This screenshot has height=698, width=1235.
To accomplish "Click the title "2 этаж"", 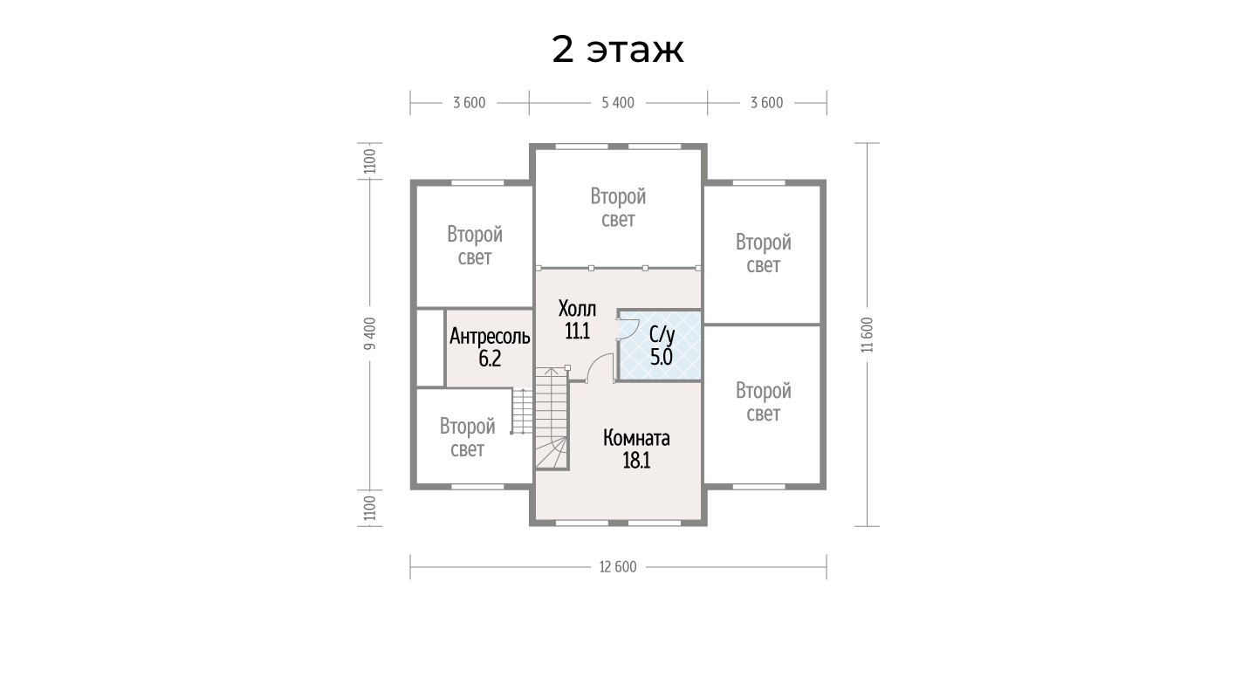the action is click(x=618, y=50).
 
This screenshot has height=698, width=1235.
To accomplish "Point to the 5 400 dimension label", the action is click(x=618, y=103).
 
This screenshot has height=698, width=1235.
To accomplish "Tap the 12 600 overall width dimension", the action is click(x=618, y=567).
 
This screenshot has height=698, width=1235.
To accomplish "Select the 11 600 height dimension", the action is click(x=868, y=335).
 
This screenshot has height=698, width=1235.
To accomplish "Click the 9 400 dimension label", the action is click(x=370, y=333).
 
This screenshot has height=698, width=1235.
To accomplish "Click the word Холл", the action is click(x=577, y=309).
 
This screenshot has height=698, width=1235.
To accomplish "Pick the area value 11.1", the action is click(x=577, y=332).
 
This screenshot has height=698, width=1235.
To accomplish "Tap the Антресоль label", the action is click(x=490, y=336).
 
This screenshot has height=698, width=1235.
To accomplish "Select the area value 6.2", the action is click(x=490, y=359).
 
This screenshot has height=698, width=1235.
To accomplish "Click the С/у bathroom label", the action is click(x=662, y=334).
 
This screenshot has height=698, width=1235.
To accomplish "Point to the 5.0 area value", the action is click(x=661, y=357).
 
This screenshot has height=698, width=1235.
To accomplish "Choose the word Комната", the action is click(x=636, y=438).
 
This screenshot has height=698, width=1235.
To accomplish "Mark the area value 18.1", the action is click(x=636, y=461).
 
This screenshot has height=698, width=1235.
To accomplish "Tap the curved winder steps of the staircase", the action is click(x=553, y=452).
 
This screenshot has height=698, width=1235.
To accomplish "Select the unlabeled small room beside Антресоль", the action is click(x=430, y=348).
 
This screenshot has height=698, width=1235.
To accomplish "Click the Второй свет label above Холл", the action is click(x=618, y=208).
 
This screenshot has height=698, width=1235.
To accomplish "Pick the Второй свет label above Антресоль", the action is click(x=475, y=246).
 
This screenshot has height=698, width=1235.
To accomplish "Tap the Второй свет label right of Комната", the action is click(x=764, y=402).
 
